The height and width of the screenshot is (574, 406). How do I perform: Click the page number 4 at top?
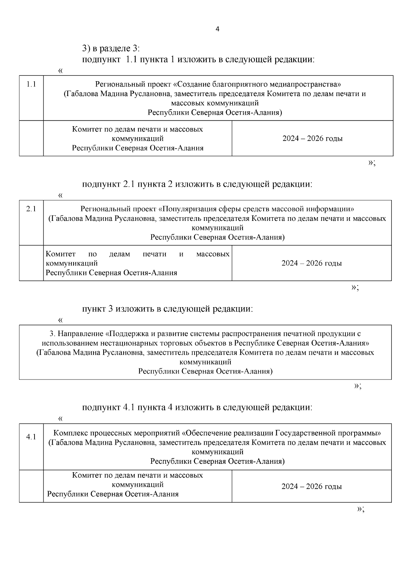pyautogui.click(x=217, y=29)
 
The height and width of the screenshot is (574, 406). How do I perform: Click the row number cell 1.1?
pyautogui.click(x=31, y=85)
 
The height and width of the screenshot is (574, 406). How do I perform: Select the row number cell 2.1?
pyautogui.click(x=31, y=209)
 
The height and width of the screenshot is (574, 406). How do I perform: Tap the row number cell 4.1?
pyautogui.click(x=31, y=437)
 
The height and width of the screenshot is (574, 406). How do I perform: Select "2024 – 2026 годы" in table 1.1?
pyautogui.click(x=312, y=139)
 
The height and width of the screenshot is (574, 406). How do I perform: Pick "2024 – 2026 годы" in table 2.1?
pyautogui.click(x=312, y=263)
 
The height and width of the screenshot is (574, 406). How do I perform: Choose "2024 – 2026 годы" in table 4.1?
pyautogui.click(x=312, y=486)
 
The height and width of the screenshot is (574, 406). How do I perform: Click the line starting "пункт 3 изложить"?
pyautogui.click(x=167, y=309)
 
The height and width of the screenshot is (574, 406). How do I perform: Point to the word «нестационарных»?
pyautogui.click(x=130, y=343)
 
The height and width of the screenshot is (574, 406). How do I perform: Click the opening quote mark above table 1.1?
pyautogui.click(x=60, y=71)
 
